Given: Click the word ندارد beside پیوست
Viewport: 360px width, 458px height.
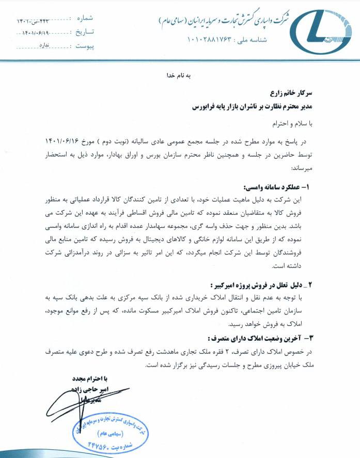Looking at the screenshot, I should [x=46, y=46].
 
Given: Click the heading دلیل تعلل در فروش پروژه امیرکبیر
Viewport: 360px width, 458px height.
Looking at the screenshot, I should [x=258, y=285].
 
